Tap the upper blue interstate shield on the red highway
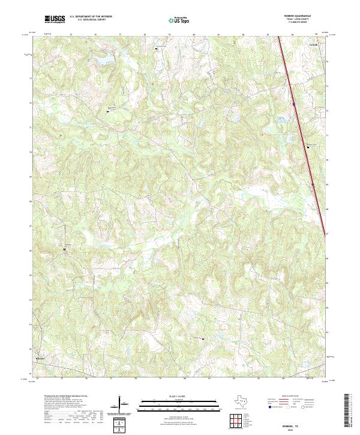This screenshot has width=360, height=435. (x=293, y=104)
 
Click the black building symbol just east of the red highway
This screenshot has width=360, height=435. (x=308, y=146)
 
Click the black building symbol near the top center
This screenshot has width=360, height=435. (x=157, y=48)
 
